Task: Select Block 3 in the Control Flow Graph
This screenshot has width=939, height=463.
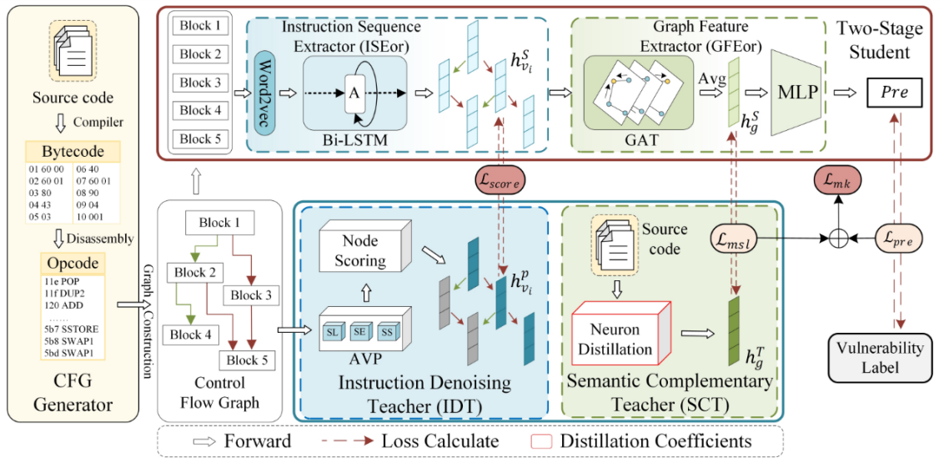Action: (250, 294)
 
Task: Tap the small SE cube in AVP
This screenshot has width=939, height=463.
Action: (360, 331)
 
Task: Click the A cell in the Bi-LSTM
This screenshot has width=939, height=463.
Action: (354, 93)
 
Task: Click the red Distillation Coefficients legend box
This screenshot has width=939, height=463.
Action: (543, 440)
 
